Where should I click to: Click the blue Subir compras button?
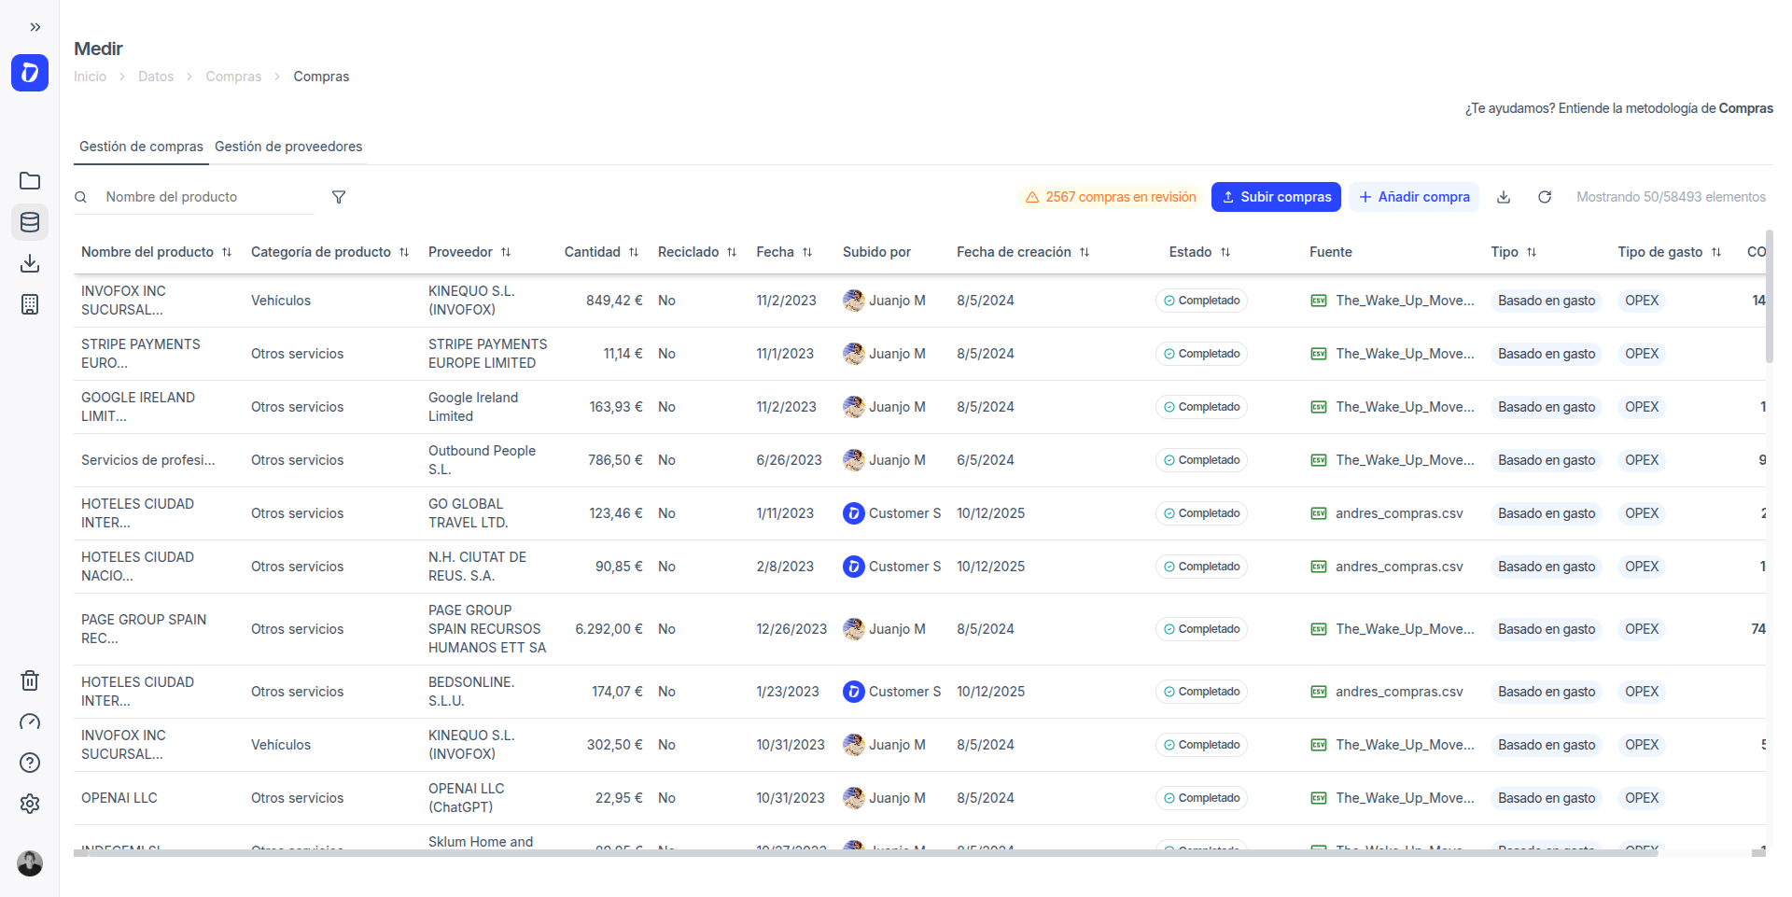pyautogui.click(x=1276, y=197)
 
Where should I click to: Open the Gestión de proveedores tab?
pyautogui.click(x=288, y=147)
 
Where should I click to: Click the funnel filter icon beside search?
pyautogui.click(x=339, y=197)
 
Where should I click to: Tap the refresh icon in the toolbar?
pyautogui.click(x=1545, y=197)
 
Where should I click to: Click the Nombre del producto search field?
pyautogui.click(x=205, y=197)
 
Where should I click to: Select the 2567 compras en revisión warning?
pyautogui.click(x=1111, y=197)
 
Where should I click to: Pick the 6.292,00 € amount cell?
pyautogui.click(x=609, y=629)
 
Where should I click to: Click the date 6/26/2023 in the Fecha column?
pyautogui.click(x=789, y=460)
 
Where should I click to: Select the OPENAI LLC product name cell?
pyautogui.click(x=119, y=798)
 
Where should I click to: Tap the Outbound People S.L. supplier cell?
pyautogui.click(x=482, y=460)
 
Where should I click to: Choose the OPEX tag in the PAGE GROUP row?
pyautogui.click(x=1642, y=629)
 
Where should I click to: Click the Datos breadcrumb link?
pyautogui.click(x=156, y=77)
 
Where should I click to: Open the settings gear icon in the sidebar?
pyautogui.click(x=30, y=804)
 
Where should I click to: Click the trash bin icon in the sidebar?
pyautogui.click(x=30, y=680)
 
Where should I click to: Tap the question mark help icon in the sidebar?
pyautogui.click(x=30, y=763)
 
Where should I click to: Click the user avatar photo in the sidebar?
pyautogui.click(x=30, y=863)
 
